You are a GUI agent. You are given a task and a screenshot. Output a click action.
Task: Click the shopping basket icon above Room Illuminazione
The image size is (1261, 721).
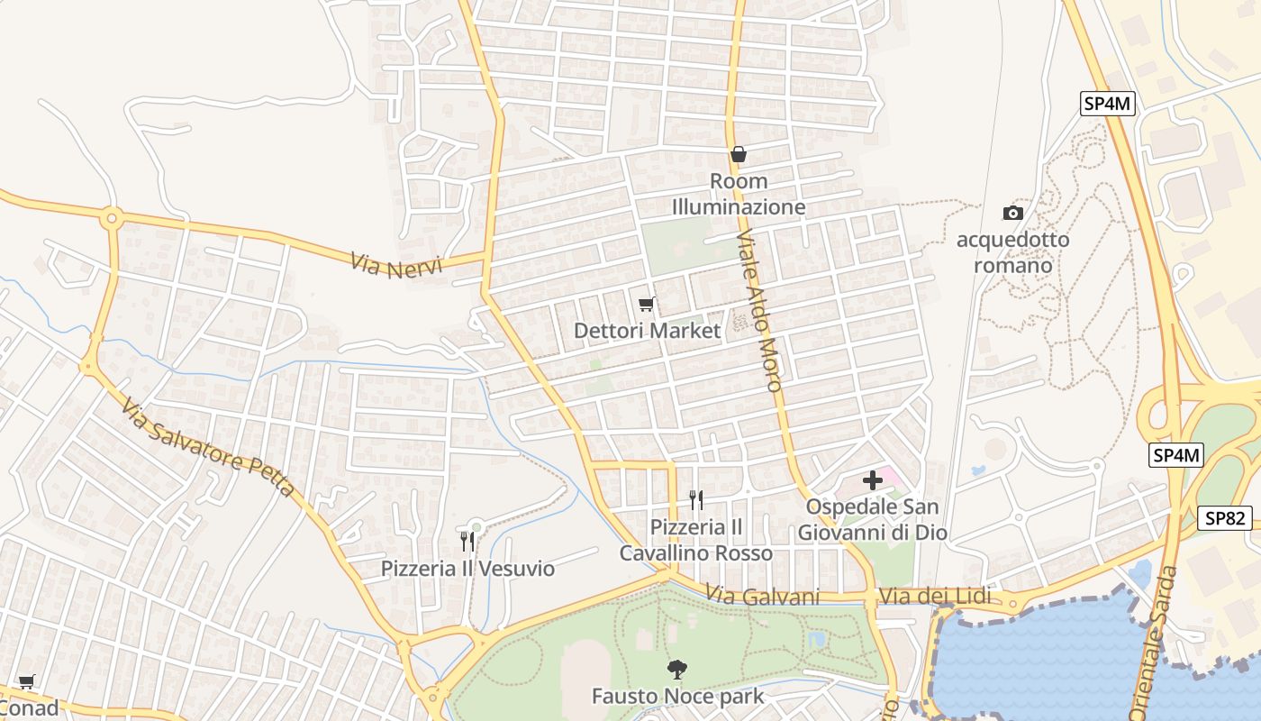pos(739,154)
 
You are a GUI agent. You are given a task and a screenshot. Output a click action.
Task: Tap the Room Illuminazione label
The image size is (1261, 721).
pos(739,195)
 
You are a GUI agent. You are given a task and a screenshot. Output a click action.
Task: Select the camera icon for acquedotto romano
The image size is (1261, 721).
pos(1013,213)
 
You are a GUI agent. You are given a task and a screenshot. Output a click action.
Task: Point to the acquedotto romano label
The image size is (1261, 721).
pos(1013,252)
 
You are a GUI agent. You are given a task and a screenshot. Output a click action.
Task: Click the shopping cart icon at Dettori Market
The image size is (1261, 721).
pos(646,305)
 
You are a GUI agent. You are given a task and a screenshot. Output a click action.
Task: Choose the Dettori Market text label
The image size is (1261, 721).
pos(648,331)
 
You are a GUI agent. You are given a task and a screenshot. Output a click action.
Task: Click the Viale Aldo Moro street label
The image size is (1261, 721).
pos(759,310)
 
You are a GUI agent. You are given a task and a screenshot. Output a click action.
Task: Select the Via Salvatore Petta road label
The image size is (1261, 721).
pos(208,447)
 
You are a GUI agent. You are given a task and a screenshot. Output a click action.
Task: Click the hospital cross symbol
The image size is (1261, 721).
pos(872,480)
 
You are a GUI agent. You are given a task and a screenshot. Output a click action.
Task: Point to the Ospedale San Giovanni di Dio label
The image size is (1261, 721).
pos(872,520)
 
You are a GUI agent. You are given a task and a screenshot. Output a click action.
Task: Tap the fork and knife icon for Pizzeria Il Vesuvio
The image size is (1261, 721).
pos(467,541)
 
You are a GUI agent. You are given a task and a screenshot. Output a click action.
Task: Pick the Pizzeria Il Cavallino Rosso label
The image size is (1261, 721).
pos(695,540)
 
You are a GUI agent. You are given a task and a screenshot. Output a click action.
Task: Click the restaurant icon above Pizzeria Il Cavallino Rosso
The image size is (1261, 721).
pos(695,499)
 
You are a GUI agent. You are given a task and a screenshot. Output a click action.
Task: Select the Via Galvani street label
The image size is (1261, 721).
pos(763,597)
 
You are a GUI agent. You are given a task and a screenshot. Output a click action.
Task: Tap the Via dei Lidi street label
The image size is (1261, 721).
pos(934,597)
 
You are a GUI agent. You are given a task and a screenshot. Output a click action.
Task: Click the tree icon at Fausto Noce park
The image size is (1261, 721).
pos(676,669)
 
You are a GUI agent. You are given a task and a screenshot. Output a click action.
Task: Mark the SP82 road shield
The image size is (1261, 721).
pos(1226,518)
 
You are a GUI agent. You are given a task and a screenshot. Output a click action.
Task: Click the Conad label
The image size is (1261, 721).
pos(29,707)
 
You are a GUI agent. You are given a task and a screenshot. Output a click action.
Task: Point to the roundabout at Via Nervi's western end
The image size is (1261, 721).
pos(112,217)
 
